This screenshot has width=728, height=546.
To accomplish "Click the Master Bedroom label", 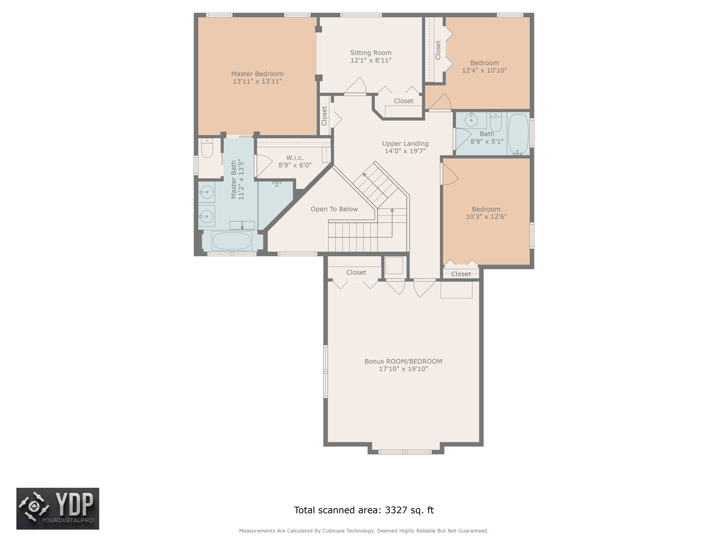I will tap(257, 74).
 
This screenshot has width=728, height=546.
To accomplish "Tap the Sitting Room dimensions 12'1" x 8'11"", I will tap(371, 60).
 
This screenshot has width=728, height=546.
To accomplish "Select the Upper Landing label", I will tap(405, 144).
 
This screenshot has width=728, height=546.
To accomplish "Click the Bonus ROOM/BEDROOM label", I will tap(403, 362).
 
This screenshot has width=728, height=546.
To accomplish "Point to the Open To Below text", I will tap(334, 209).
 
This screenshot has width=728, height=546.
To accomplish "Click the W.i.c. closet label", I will tap(295, 158).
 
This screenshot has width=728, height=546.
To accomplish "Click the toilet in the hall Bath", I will tap(496, 122).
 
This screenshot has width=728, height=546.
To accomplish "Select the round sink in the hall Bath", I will tap(471, 121).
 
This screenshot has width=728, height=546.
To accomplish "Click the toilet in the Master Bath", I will tap(207, 148).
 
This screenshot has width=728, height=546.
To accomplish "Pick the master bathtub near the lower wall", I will tap(232, 241).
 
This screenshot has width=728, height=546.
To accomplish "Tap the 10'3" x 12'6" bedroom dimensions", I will tap(486, 217).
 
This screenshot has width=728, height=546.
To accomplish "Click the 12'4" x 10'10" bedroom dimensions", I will tap(484, 70).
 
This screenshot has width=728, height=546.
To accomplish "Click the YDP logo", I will tap(58, 509).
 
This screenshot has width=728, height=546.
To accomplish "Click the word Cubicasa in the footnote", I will tap(334, 531).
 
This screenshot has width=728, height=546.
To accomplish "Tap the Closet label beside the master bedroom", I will tap(324, 116).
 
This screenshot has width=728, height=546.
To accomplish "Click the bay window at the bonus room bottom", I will tap(405, 452).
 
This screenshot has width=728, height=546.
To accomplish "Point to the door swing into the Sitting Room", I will tap(357, 87).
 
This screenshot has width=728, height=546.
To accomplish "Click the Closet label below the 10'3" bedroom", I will tap(461, 274).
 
